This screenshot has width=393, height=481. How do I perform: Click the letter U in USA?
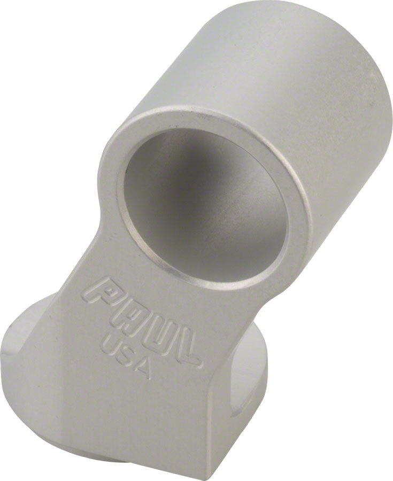(x=110, y=343)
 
